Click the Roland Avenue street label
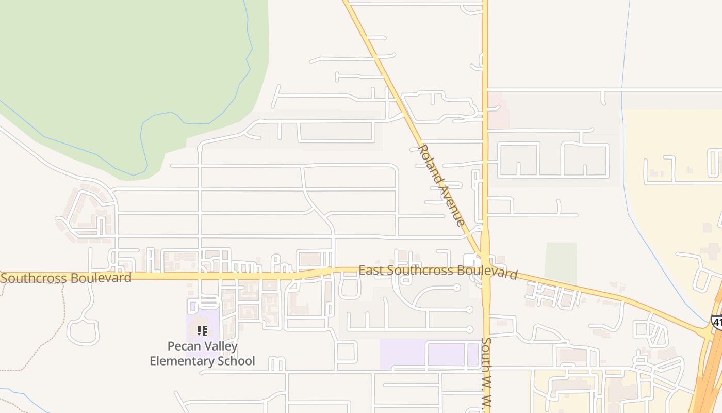[441, 185]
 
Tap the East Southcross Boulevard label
[438, 272]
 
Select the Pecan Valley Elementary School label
[202, 353]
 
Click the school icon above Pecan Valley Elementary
[202, 330]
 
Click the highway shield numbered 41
[717, 322]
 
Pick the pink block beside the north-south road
[498, 110]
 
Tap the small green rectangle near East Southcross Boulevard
[561, 263]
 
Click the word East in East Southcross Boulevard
[371, 270]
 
